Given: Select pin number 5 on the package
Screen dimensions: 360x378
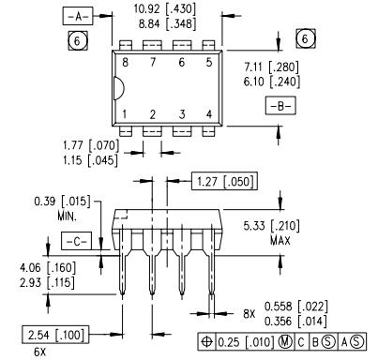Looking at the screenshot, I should tap(208, 61).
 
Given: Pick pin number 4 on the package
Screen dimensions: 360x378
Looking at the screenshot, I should tap(208, 114).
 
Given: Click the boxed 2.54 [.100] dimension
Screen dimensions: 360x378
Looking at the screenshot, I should tap(52, 335).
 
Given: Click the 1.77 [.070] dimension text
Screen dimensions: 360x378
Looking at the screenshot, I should tap(67, 146).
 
